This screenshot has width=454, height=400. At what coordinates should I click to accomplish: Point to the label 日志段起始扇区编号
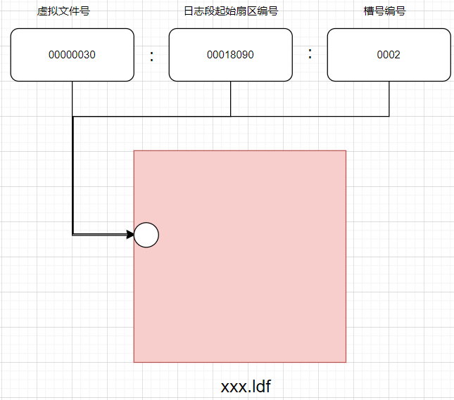pos(230,12)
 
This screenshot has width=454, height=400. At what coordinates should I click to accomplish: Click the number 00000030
pos(72,55)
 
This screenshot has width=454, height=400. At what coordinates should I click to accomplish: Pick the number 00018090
pos(230,55)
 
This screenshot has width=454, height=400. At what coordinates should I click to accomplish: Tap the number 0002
pos(389,55)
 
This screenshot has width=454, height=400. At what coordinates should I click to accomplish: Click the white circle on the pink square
pos(146,235)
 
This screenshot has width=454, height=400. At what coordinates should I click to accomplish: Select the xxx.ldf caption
pos(246,386)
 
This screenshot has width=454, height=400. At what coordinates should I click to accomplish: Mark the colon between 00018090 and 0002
pos(310,53)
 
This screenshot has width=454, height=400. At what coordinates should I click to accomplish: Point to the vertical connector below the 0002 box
pos(389,98)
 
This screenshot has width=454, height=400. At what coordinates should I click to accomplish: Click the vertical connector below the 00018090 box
pos(231,98)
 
